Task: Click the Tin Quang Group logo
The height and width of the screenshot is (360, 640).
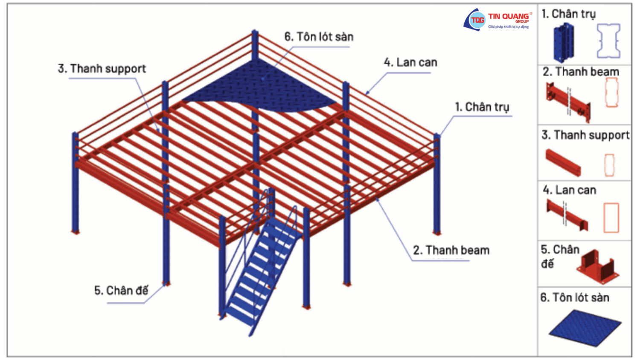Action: [497, 20]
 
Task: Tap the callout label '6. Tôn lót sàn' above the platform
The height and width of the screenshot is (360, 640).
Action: [319, 37]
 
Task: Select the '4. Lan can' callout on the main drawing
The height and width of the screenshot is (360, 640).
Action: [410, 62]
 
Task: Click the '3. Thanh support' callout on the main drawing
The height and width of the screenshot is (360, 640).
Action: [102, 69]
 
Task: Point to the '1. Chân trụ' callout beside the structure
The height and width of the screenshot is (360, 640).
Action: [482, 107]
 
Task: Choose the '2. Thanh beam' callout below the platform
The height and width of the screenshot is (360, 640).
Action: [451, 250]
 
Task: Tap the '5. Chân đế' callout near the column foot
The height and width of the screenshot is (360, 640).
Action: [121, 290]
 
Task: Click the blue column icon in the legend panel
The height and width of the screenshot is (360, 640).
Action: [564, 43]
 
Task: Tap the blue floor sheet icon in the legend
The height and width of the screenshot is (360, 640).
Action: [585, 328]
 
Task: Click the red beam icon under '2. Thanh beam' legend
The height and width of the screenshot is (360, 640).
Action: [568, 102]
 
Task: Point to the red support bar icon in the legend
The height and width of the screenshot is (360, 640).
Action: [563, 162]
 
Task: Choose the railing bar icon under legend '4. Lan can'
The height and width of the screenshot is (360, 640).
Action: [567, 215]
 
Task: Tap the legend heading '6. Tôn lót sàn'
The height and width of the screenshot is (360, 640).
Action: [575, 298]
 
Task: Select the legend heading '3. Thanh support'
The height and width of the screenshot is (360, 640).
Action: [585, 135]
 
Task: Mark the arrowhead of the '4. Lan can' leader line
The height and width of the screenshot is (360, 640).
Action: [367, 93]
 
